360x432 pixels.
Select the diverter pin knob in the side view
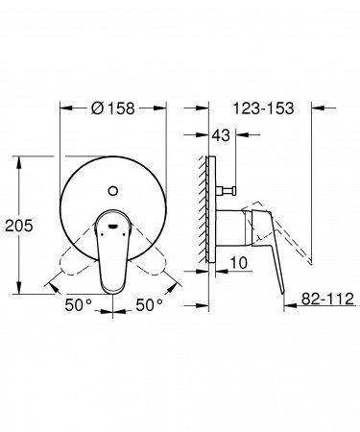pyautogui.click(x=231, y=193)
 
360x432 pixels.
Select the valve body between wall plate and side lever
pyautogui.click(x=228, y=230)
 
